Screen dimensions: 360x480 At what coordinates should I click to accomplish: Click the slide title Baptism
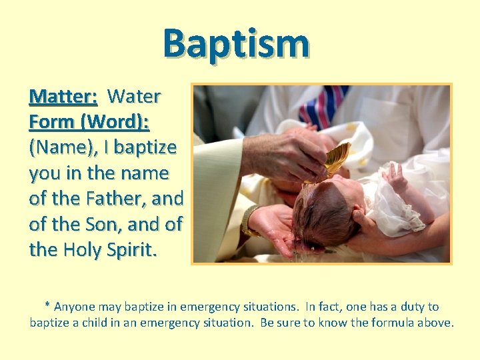coord(236,43)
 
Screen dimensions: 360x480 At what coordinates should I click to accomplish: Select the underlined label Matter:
coord(63,97)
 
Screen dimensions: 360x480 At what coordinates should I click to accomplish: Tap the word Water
coord(134,97)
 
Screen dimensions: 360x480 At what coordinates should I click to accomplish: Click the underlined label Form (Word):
coord(89,122)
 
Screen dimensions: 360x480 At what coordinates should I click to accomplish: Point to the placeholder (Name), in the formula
coord(65,147)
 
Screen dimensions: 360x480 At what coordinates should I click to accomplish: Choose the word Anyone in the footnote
coord(75,307)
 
